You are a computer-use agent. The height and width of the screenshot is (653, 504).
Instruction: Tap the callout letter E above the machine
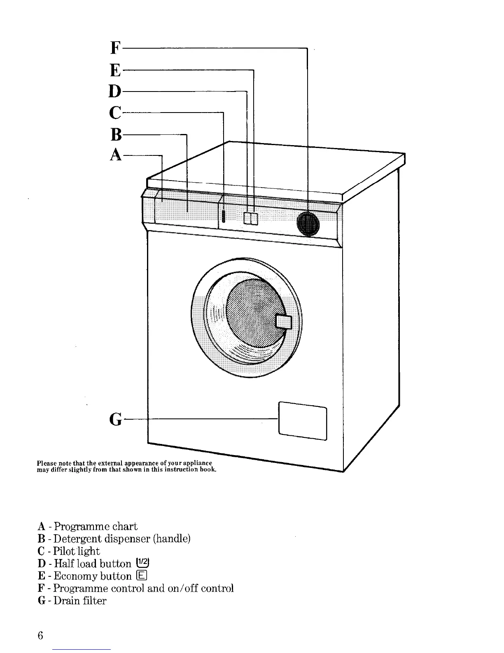(116, 70)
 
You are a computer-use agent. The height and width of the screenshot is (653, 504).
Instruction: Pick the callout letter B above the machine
(116, 134)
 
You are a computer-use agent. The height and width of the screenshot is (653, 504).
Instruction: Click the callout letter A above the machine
(116, 155)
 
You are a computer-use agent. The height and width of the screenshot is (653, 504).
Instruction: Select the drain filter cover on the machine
(303, 420)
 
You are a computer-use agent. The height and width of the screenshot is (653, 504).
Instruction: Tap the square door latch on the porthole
(284, 322)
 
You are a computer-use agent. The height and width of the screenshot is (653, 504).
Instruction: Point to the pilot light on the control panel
(223, 216)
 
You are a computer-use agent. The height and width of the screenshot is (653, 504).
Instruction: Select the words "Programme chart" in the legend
(96, 526)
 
